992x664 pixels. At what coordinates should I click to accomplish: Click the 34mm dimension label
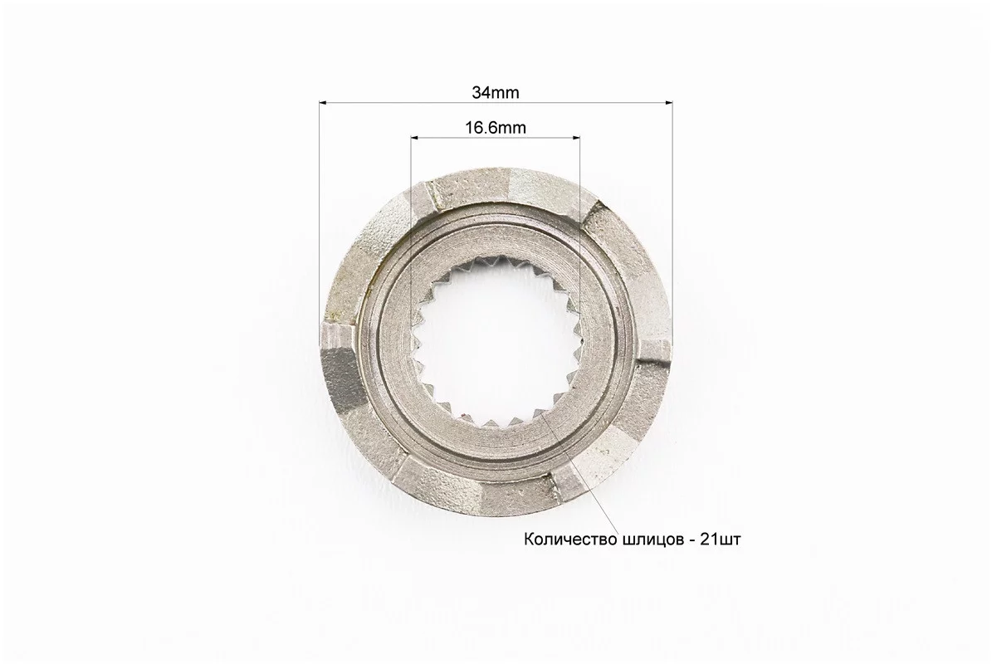point(496,93)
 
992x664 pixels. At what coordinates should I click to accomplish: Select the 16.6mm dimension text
point(496,128)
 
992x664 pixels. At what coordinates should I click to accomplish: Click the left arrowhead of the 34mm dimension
point(323,101)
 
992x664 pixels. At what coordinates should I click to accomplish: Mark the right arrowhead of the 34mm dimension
point(668,101)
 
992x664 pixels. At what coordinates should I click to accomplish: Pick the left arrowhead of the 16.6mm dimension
point(415,137)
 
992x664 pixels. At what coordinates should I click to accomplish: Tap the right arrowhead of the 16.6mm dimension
point(575,137)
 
